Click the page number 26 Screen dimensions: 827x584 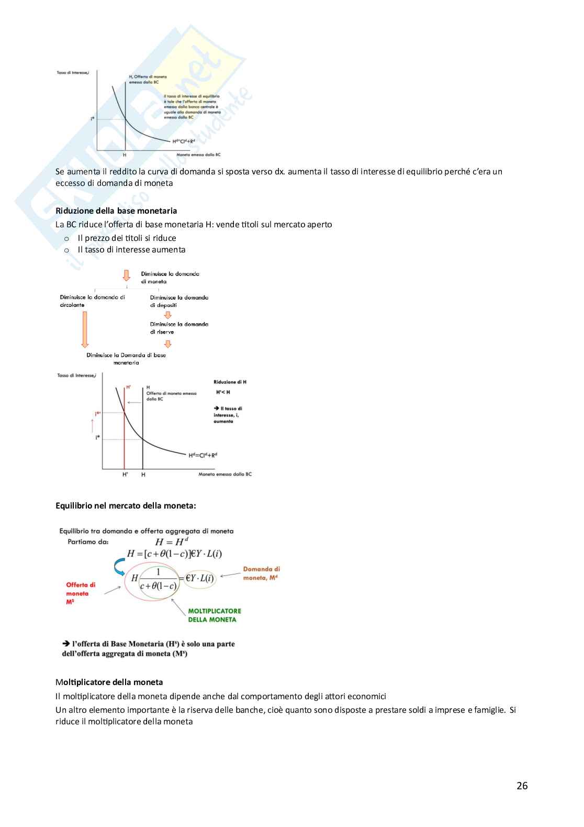pyautogui.click(x=522, y=786)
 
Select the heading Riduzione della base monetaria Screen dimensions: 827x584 pyautogui.click(x=116, y=211)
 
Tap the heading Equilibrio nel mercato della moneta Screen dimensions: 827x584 pyautogui.click(x=126, y=505)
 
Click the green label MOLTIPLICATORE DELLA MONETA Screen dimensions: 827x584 pyautogui.click(x=215, y=615)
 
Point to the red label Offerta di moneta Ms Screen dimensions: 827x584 pyautogui.click(x=81, y=593)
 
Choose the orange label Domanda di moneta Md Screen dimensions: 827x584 pyautogui.click(x=261, y=573)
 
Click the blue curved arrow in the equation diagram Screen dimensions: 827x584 pyautogui.click(x=120, y=567)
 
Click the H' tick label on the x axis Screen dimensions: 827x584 pyautogui.click(x=125, y=475)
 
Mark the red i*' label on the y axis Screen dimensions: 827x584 pyautogui.click(x=97, y=414)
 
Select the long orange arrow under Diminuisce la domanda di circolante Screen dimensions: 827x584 pyautogui.click(x=85, y=329)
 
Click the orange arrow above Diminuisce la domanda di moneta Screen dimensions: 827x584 pyautogui.click(x=126, y=275)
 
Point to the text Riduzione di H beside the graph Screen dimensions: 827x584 pyautogui.click(x=230, y=382)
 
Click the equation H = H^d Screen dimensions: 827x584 pyautogui.click(x=171, y=542)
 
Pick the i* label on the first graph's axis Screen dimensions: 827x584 pyautogui.click(x=93, y=119)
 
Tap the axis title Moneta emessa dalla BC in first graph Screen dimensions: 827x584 pyautogui.click(x=198, y=155)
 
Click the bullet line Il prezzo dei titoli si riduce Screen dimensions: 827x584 pyautogui.click(x=127, y=238)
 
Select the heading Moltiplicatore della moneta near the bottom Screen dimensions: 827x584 pyautogui.click(x=109, y=682)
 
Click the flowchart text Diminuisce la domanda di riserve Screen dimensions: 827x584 pyautogui.click(x=179, y=328)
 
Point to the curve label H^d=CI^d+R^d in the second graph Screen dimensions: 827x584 pyautogui.click(x=203, y=455)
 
